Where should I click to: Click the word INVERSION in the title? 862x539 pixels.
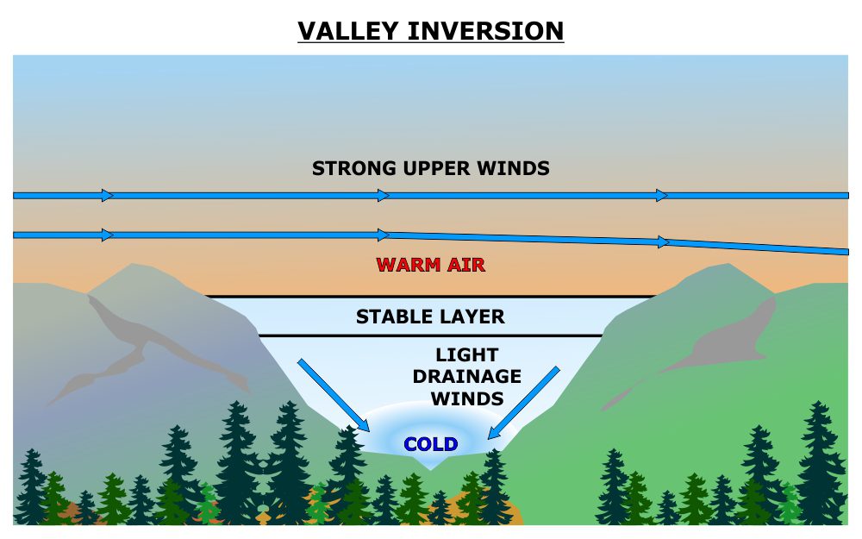pyautogui.click(x=486, y=31)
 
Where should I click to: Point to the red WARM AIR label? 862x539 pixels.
pyautogui.click(x=431, y=265)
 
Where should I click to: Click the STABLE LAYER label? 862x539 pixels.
pyautogui.click(x=430, y=317)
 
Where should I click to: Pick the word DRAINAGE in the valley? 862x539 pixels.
pyautogui.click(x=466, y=377)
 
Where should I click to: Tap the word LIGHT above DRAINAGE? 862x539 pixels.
pyautogui.click(x=466, y=354)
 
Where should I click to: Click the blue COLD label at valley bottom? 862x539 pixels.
pyautogui.click(x=431, y=444)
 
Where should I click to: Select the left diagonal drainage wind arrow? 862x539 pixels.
pyautogui.click(x=333, y=395)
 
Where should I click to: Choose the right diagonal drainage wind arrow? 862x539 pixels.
pyautogui.click(x=523, y=403)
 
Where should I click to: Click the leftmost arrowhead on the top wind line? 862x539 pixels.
pyautogui.click(x=107, y=195)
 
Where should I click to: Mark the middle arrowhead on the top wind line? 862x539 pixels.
pyautogui.click(x=384, y=195)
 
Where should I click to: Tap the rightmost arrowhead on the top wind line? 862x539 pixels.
pyautogui.click(x=662, y=195)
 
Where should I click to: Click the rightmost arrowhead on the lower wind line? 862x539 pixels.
pyautogui.click(x=663, y=242)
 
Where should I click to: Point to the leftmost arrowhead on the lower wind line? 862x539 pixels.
pyautogui.click(x=107, y=235)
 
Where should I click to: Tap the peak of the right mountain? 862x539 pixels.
pyautogui.click(x=728, y=265)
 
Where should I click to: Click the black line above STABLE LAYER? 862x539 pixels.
pyautogui.click(x=430, y=297)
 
